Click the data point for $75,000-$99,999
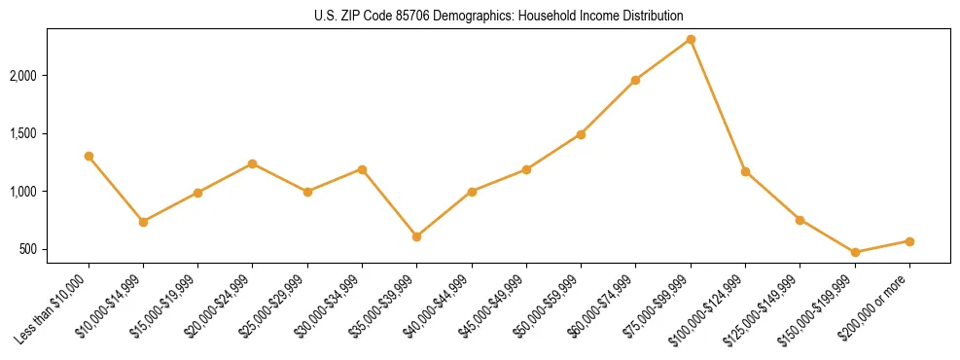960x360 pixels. click(x=691, y=40)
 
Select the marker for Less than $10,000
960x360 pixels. click(x=89, y=156)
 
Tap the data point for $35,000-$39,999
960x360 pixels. click(x=417, y=236)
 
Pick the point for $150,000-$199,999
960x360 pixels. click(x=855, y=252)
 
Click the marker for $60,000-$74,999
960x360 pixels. click(x=636, y=80)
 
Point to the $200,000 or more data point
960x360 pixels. click(x=909, y=241)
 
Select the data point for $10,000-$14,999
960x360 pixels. click(x=144, y=222)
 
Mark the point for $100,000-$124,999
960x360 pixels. click(x=745, y=171)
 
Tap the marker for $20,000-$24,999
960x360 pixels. click(x=253, y=163)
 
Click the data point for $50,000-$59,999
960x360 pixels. click(x=581, y=134)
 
